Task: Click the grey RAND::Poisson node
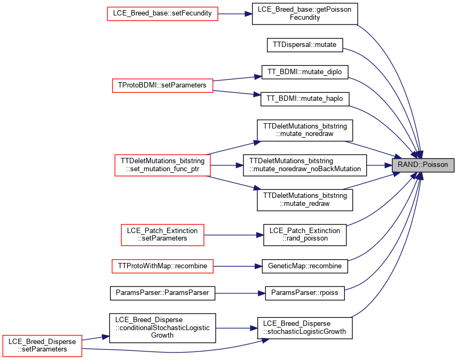[423, 165]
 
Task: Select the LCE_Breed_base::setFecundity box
[163, 14]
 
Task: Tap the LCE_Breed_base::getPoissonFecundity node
[304, 14]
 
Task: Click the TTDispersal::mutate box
[305, 45]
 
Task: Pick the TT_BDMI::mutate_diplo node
[305, 72]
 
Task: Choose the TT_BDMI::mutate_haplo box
[304, 99]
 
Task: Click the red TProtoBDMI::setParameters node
[163, 86]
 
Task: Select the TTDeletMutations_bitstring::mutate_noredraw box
[305, 130]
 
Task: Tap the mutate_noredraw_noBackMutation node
[305, 165]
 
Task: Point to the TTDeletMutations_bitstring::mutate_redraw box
[305, 200]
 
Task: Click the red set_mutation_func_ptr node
[163, 165]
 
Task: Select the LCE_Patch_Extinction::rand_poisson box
[305, 235]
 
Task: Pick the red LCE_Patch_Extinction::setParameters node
[163, 235]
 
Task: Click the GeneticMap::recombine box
[305, 266]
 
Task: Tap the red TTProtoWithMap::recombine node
[163, 266]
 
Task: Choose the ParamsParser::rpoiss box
[305, 293]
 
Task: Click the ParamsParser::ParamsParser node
[163, 293]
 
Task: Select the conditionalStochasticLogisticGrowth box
[163, 328]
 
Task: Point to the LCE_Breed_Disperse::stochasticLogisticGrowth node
[305, 328]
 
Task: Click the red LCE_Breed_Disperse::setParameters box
[42, 346]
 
